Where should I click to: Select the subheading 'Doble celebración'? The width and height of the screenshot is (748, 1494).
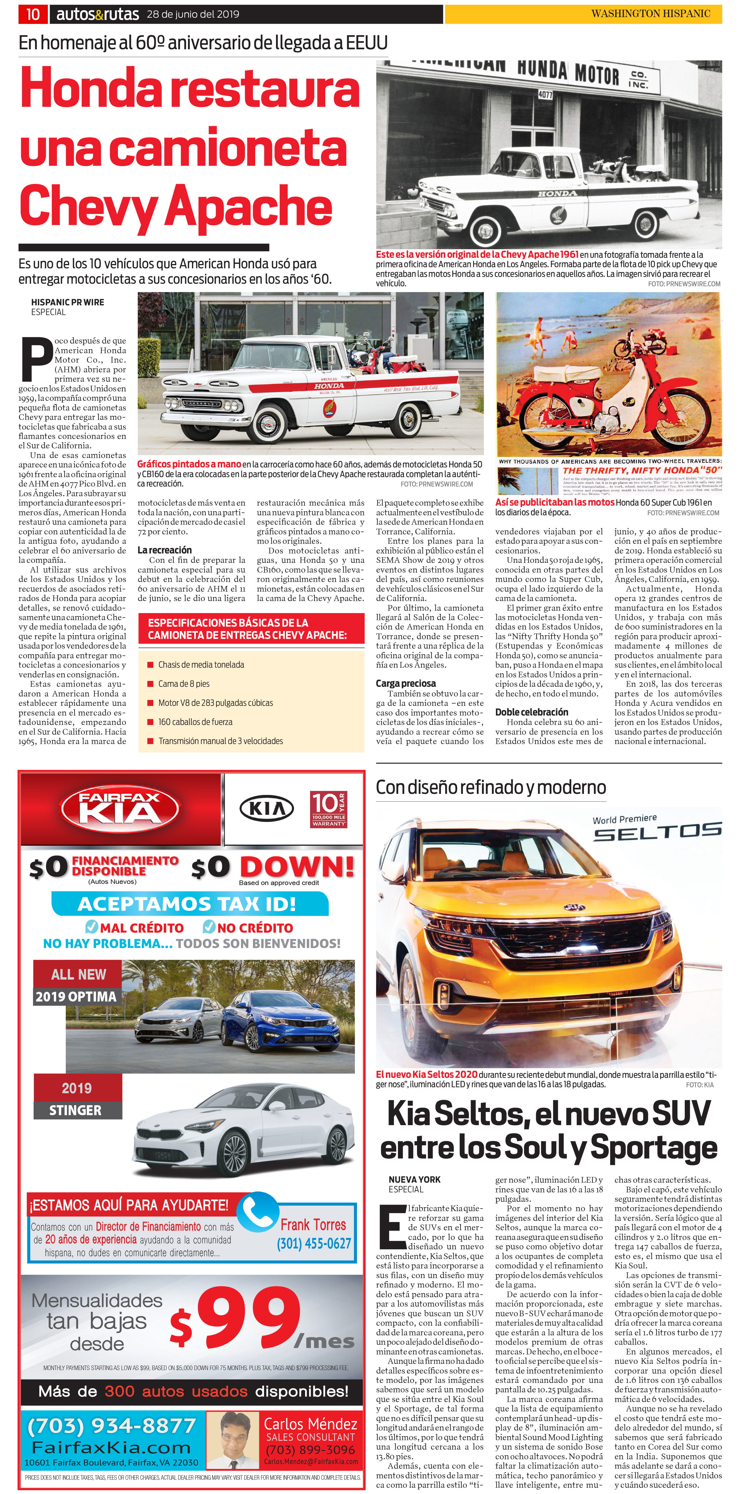tap(531, 712)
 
